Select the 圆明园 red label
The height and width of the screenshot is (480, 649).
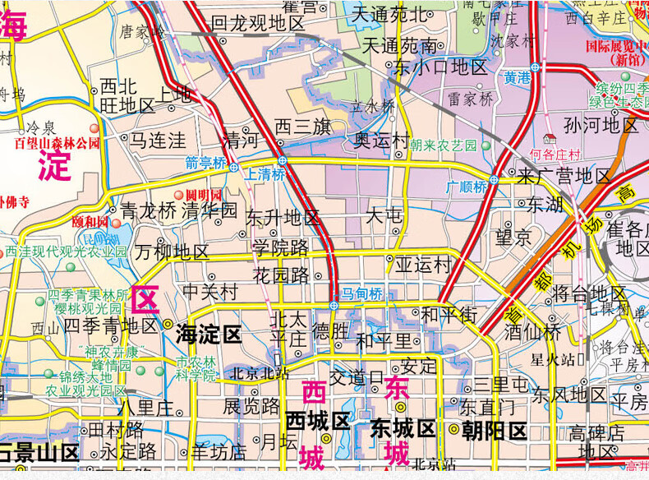(x=203, y=195)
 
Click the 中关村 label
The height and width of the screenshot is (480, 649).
(x=209, y=291)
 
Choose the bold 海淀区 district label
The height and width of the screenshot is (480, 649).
(x=209, y=334)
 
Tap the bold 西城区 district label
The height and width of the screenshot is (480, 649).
(x=318, y=422)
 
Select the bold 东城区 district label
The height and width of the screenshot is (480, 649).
(x=403, y=428)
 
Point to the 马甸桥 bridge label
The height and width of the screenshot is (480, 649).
(x=362, y=293)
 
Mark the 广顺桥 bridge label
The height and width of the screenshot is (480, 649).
(x=467, y=187)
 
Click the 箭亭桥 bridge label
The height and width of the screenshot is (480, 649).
(x=205, y=163)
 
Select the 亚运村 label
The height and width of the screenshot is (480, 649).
(x=423, y=265)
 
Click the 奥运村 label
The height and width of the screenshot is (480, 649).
(x=382, y=141)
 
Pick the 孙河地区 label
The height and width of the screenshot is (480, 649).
(x=601, y=125)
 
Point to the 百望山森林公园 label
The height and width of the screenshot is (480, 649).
(x=57, y=142)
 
